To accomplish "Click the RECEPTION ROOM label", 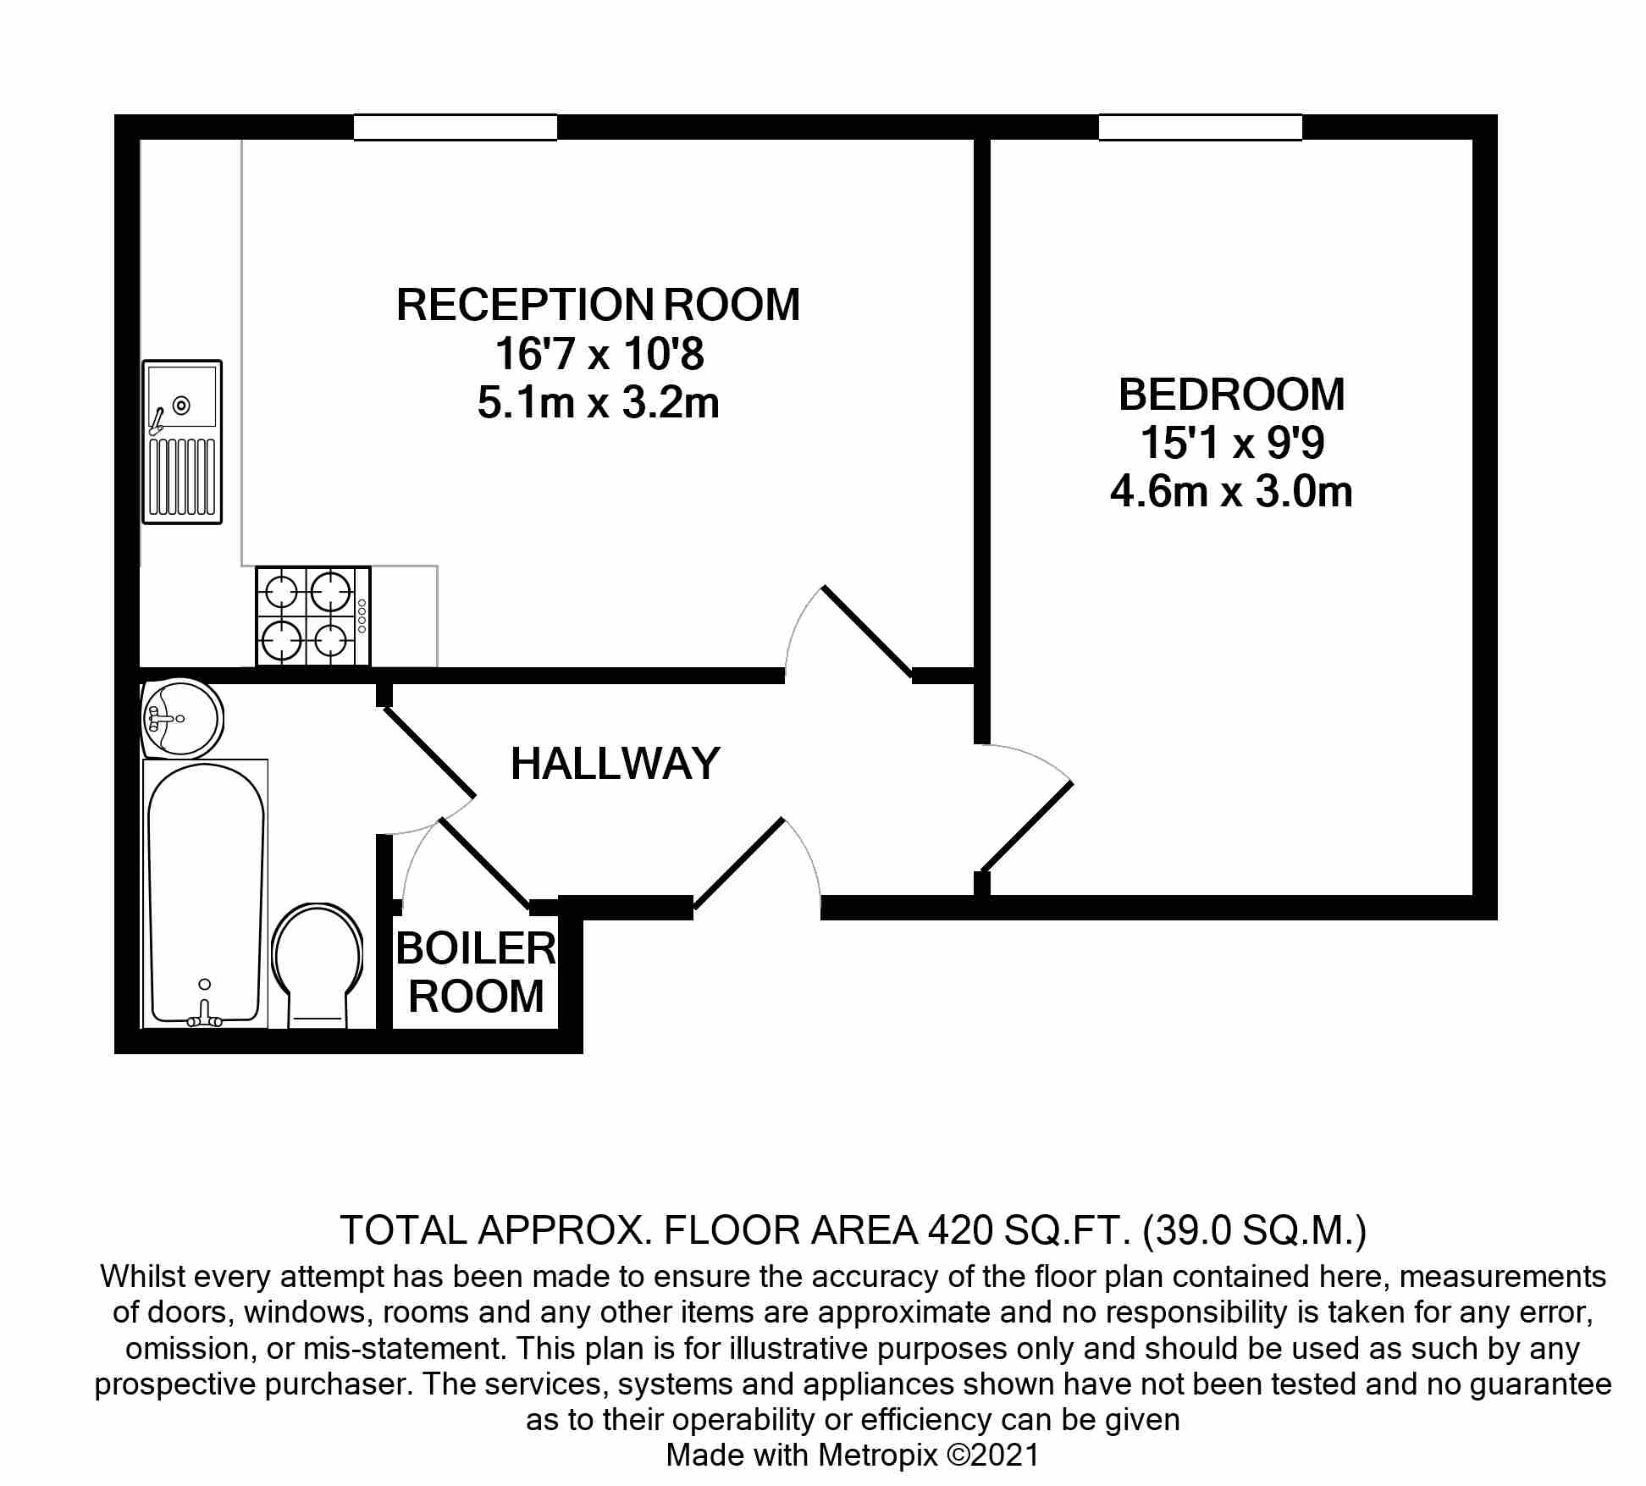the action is pos(598,305).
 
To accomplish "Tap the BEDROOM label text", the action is pos(1232,395).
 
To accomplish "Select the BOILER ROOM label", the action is pos(476,972).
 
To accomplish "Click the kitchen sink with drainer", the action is pos(182,442).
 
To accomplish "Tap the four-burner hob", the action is pos(313,616).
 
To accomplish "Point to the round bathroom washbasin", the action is pos(181,718).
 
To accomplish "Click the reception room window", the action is pos(456,127).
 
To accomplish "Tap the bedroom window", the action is pos(1201,127).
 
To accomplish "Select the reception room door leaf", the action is pos(867,632).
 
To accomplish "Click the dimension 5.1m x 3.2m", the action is pos(599,403).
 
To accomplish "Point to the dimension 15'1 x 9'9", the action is pos(1232,443).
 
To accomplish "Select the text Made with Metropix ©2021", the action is pos(853,1456).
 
